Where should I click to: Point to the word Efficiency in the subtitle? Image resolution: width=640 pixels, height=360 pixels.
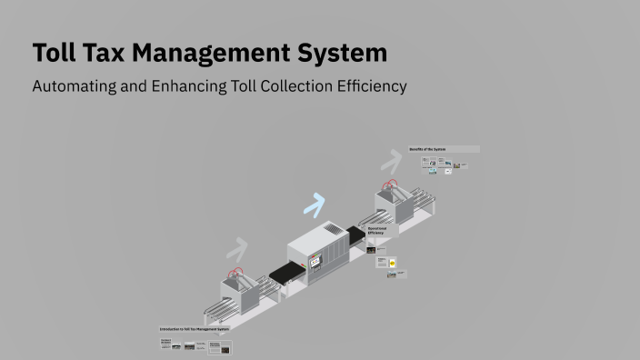coord(366,87)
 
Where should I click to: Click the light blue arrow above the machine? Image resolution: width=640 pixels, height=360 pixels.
coord(315,205)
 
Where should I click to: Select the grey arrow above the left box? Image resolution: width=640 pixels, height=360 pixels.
coord(237,248)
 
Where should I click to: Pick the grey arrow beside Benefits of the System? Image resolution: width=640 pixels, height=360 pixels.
coord(392,161)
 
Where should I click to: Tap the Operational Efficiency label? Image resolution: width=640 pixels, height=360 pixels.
coord(376,232)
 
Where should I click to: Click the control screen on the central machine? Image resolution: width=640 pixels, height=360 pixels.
coord(315,262)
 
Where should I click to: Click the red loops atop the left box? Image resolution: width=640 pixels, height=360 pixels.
coord(236,271)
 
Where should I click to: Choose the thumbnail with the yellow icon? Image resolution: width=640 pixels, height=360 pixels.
coord(393,263)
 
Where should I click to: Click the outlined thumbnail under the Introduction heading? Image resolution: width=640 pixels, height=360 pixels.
coord(219,347)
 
